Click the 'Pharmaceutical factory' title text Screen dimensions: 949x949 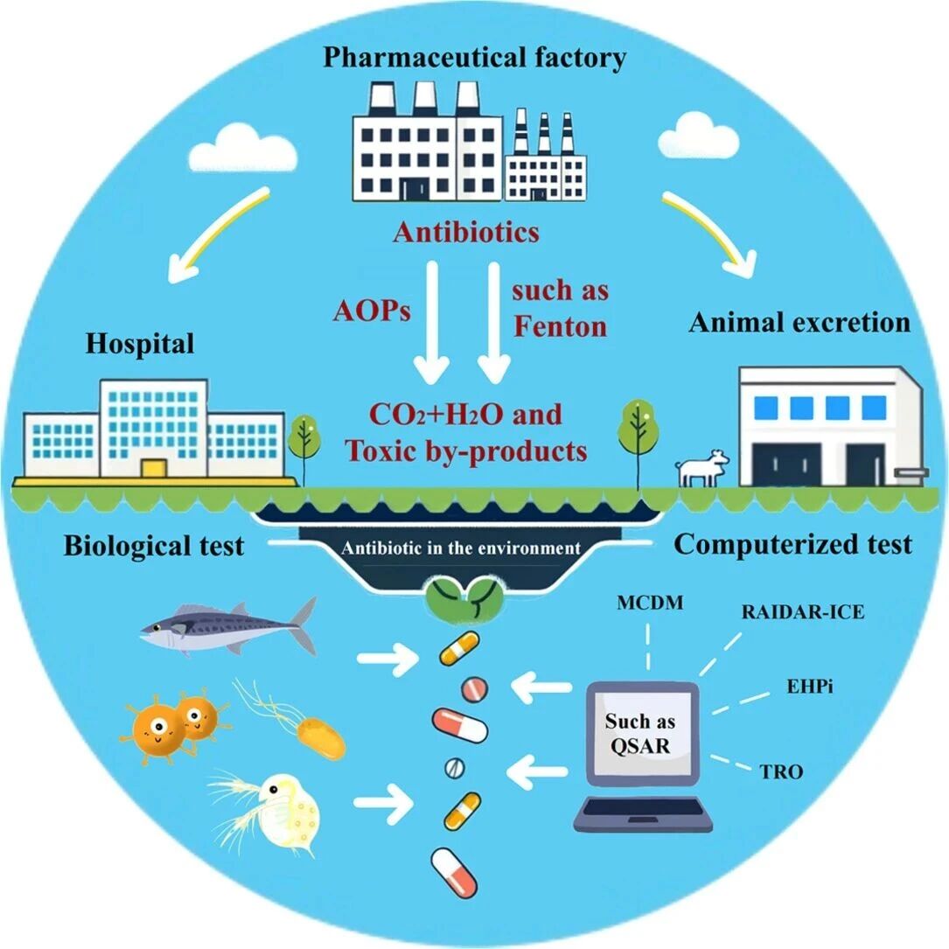475,59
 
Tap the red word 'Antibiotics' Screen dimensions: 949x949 465,233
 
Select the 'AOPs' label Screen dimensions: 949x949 372,312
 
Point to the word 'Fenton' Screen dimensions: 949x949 560,326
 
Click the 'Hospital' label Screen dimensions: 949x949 139,343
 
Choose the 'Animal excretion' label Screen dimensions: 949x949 799,322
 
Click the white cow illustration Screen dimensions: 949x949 704,468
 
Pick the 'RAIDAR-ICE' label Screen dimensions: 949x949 803,612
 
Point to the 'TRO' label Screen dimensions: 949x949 782,771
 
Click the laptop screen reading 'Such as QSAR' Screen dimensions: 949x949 640,733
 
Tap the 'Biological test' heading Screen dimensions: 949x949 153,548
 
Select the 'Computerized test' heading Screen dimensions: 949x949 793,544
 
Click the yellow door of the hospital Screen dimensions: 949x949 154,467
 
